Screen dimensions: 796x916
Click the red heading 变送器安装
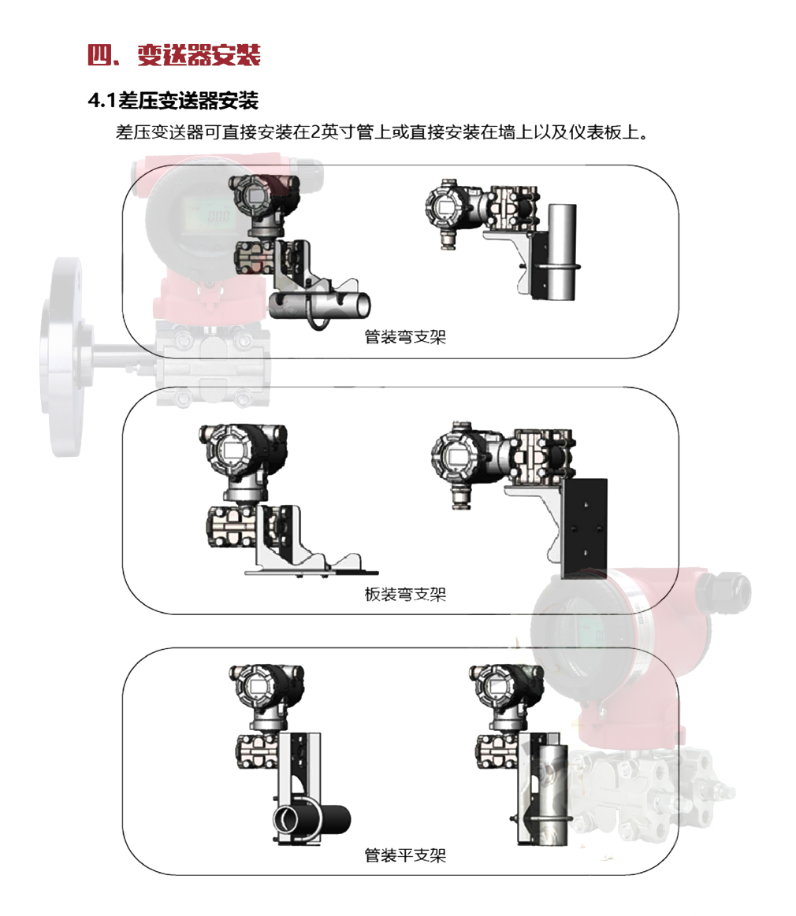199,55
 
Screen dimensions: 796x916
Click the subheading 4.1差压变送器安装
173,101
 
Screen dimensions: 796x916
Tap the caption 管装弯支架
405,337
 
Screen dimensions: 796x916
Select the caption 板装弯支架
405,595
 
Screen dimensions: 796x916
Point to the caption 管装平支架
405,856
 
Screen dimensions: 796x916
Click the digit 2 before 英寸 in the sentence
315,132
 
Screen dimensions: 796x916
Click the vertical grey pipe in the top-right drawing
562,252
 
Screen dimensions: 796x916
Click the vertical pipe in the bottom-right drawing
553,795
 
